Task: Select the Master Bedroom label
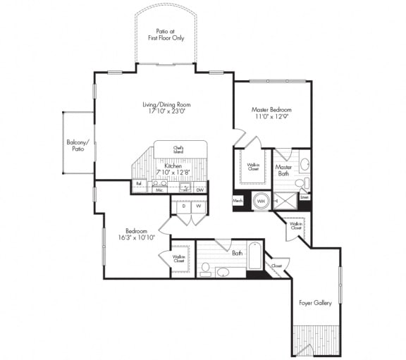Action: point(271,110)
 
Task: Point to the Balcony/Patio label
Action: point(77,145)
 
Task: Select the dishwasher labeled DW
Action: point(200,188)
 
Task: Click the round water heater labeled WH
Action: point(261,201)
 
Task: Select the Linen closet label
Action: point(304,198)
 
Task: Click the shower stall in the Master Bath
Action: point(284,201)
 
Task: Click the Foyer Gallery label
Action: point(316,304)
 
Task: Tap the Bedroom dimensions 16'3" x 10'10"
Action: point(135,235)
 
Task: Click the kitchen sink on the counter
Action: point(184,187)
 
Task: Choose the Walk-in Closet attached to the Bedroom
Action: point(179,259)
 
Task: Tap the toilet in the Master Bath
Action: point(301,184)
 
